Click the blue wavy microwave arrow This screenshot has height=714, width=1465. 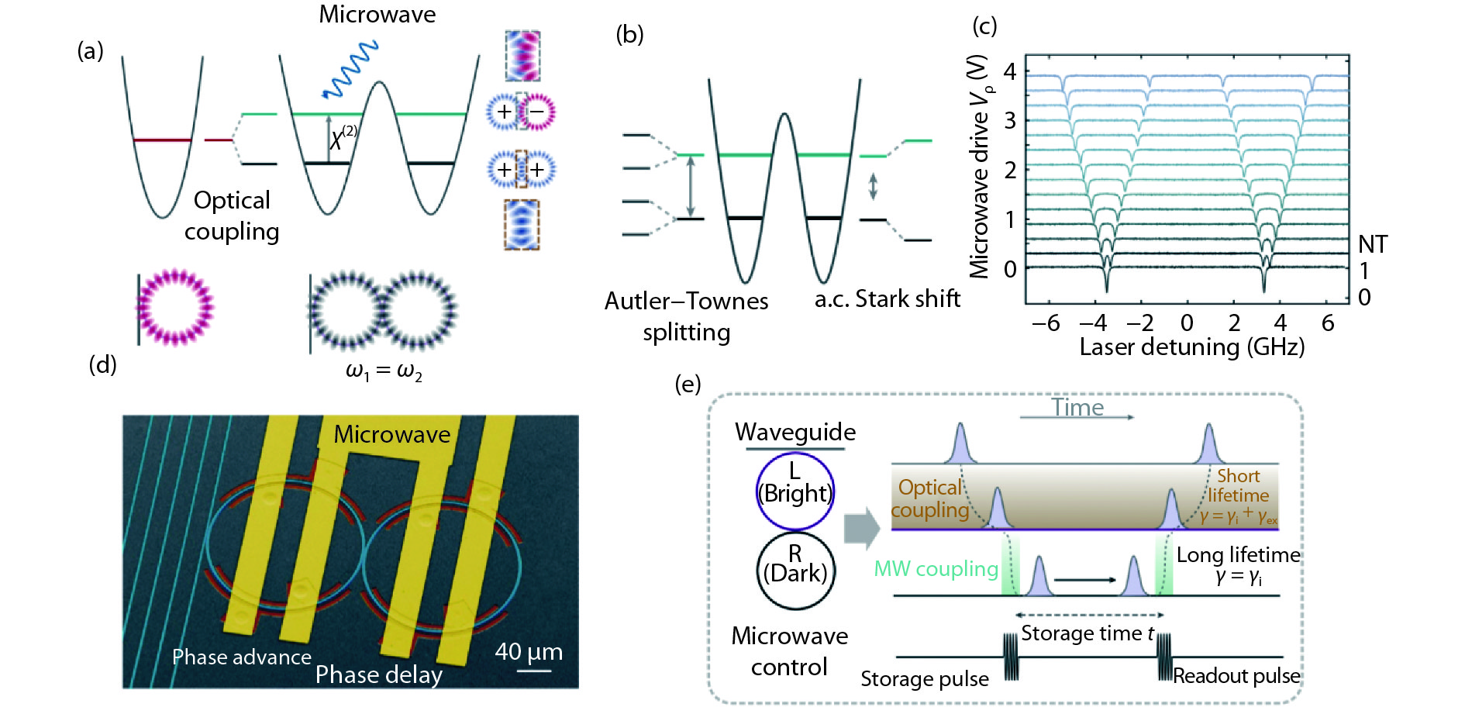tap(350, 70)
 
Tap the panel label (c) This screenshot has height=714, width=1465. tap(984, 26)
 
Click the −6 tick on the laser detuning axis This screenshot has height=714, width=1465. tap(1046, 323)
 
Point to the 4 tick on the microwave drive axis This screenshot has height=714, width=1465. tap(1009, 71)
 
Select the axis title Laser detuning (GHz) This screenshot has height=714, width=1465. tap(1192, 347)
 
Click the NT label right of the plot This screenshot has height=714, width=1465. tap(1373, 245)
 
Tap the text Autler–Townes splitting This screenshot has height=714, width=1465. tap(687, 316)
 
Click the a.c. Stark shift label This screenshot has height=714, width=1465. tap(888, 298)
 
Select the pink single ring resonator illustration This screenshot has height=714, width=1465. tap(175, 307)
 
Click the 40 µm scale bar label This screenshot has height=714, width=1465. tap(529, 652)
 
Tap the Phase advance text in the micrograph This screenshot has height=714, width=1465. tap(241, 657)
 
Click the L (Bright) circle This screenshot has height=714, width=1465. tap(795, 492)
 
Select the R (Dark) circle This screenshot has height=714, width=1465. tap(795, 571)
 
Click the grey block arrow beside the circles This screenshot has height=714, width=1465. tap(861, 529)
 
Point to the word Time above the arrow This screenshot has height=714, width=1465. tap(1077, 408)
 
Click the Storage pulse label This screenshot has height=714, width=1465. tap(925, 679)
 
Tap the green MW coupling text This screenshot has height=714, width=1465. tap(936, 569)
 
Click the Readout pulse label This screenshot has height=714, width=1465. tap(1236, 676)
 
